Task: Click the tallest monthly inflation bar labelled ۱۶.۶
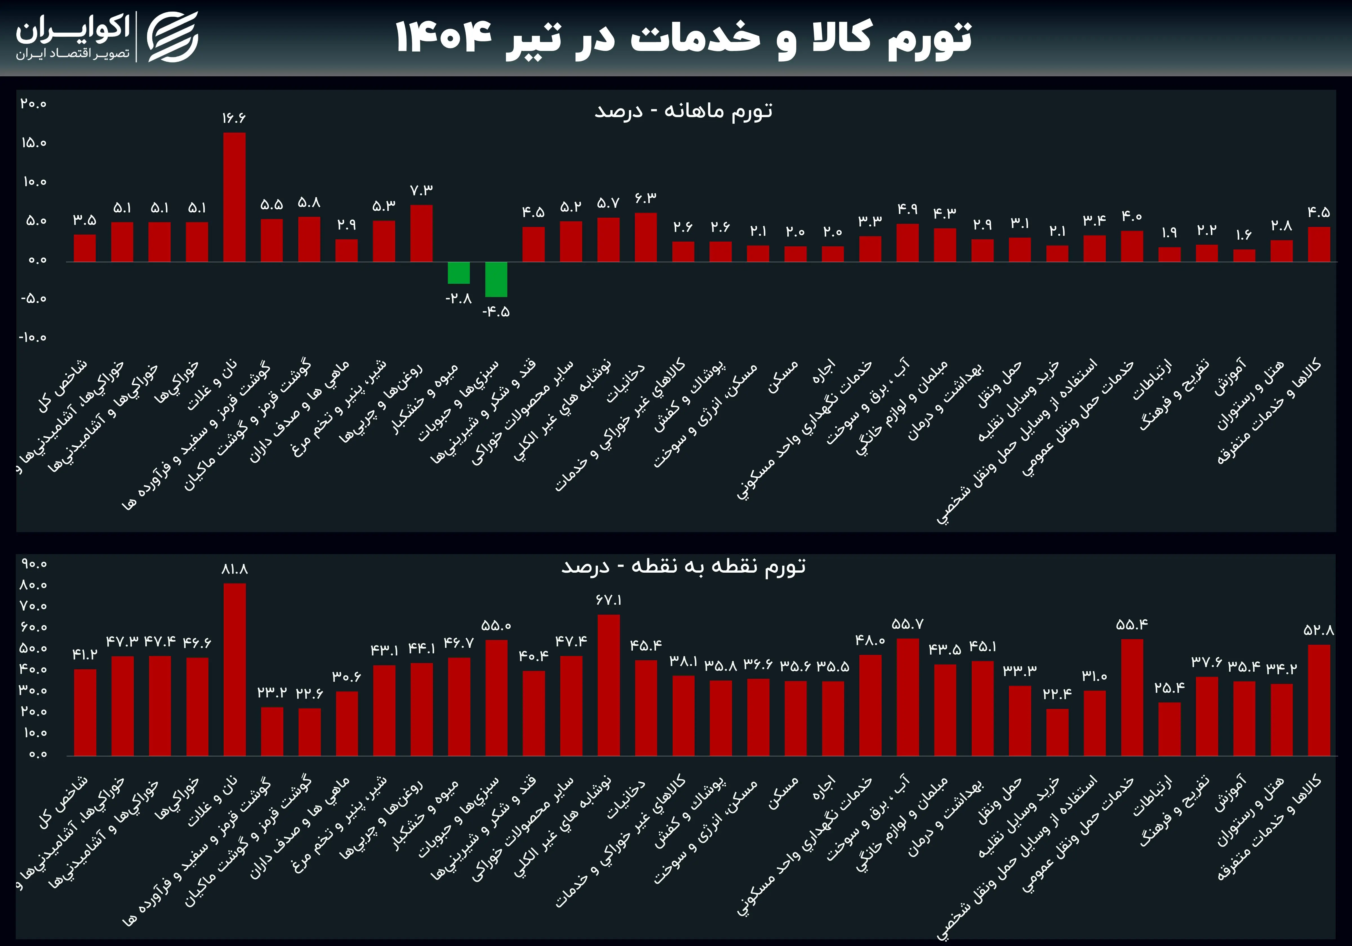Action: pos(234,197)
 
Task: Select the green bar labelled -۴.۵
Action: pos(496,279)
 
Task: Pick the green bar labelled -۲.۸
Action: pos(459,273)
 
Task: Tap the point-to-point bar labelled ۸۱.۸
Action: pos(234,669)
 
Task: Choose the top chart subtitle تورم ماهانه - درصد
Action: pos(683,111)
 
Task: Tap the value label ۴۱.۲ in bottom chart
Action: pos(85,655)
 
